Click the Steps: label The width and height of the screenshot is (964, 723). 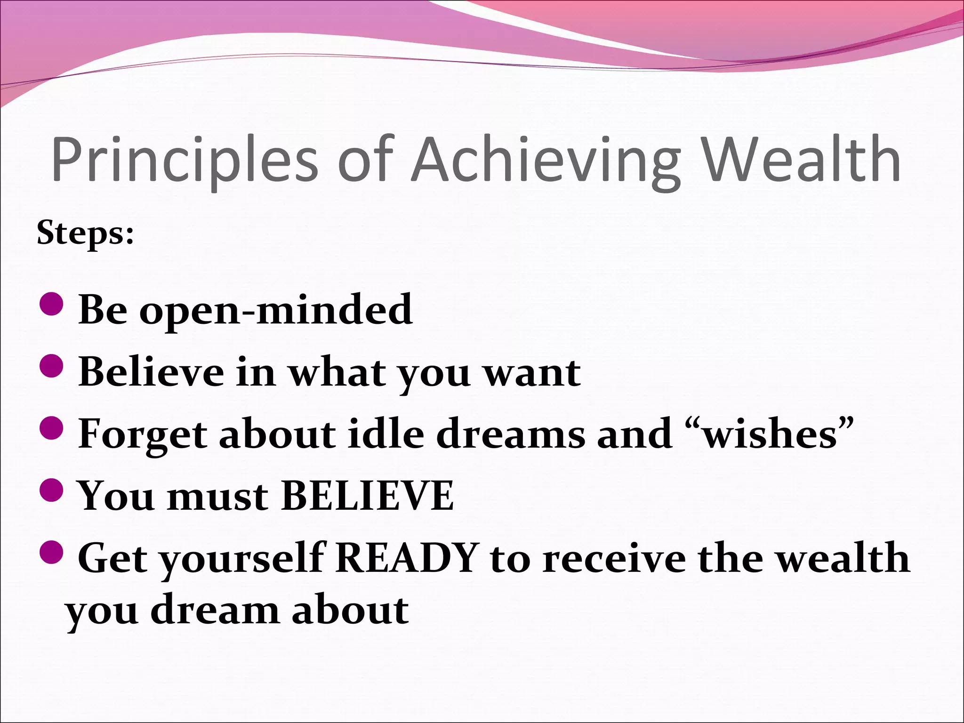point(85,233)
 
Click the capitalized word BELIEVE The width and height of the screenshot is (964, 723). point(367,496)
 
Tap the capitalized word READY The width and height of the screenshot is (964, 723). point(408,558)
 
